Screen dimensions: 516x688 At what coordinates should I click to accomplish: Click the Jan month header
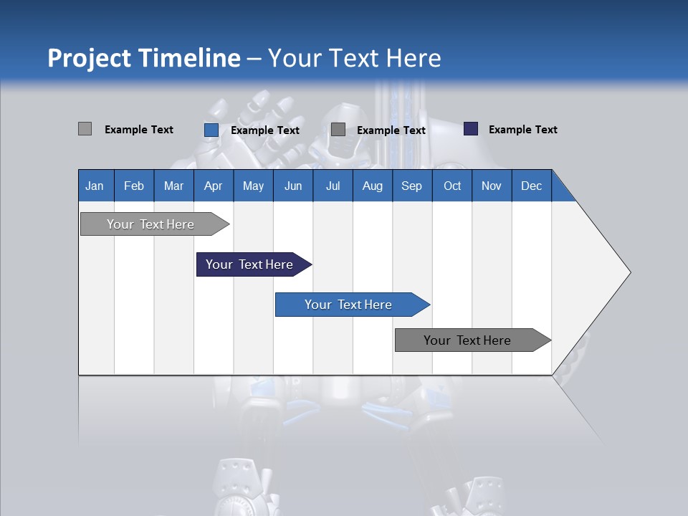click(x=95, y=186)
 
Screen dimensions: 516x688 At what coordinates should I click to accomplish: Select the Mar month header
click(x=173, y=186)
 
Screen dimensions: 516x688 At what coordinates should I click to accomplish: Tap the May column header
click(x=253, y=186)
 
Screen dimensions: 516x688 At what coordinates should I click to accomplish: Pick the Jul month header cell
click(x=333, y=186)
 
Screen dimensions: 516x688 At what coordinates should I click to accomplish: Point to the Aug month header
click(x=372, y=186)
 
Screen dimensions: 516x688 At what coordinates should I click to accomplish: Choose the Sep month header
click(x=411, y=186)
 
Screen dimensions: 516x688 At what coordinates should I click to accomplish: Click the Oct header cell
click(x=452, y=186)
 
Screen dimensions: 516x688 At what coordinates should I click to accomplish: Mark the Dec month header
click(x=531, y=186)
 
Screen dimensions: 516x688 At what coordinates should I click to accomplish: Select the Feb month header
click(x=134, y=186)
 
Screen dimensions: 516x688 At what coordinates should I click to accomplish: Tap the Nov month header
click(x=492, y=186)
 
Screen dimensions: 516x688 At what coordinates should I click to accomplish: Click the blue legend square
click(x=211, y=130)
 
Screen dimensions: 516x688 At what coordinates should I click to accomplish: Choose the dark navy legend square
click(x=471, y=129)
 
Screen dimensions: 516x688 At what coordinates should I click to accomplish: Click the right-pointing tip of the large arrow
click(x=628, y=272)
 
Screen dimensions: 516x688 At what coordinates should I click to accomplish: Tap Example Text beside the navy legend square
click(x=522, y=130)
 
